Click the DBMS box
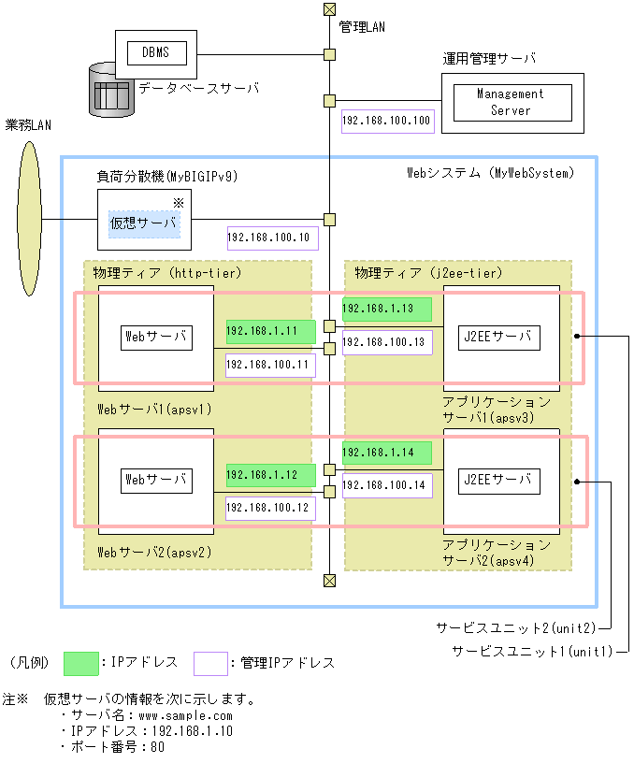(x=155, y=52)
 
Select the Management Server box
(x=510, y=102)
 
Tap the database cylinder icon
(x=111, y=91)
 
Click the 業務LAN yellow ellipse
(x=30, y=219)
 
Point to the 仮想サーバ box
(x=144, y=223)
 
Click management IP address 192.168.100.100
(x=386, y=121)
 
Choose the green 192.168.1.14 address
(x=386, y=453)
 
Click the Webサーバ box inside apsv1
(x=156, y=337)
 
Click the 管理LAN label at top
(x=362, y=27)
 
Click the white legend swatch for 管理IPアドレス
(x=210, y=663)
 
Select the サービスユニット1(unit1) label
(x=531, y=650)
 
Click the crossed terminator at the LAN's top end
(x=329, y=9)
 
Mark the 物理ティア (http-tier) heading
(x=167, y=272)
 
